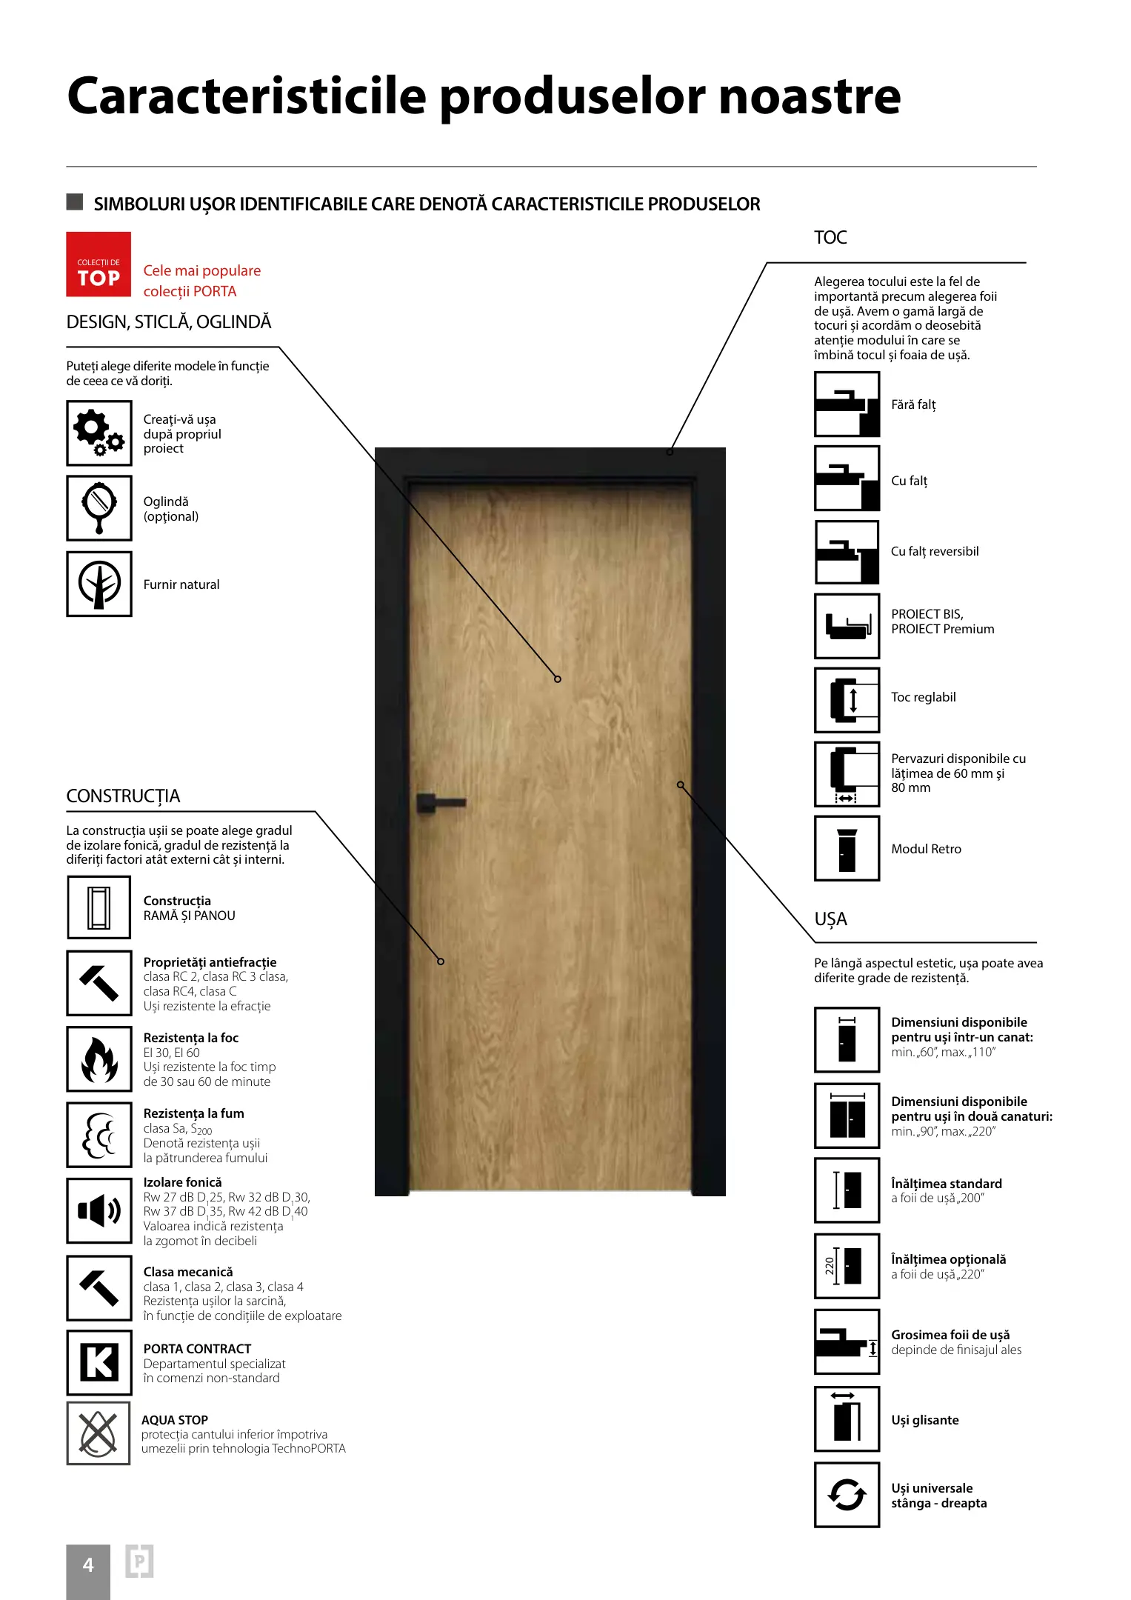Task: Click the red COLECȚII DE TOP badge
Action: tap(99, 264)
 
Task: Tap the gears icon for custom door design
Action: tap(99, 433)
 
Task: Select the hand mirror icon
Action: tap(99, 508)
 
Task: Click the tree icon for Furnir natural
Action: tap(99, 584)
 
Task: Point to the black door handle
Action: tap(440, 803)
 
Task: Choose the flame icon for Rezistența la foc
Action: tap(99, 1059)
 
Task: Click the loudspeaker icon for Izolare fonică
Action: tap(99, 1210)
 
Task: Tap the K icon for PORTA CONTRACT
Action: tap(99, 1362)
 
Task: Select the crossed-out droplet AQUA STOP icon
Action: tap(99, 1433)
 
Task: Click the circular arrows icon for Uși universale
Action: tap(847, 1495)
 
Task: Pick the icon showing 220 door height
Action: tap(847, 1266)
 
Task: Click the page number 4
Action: tap(88, 1565)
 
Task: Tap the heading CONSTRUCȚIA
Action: tap(123, 796)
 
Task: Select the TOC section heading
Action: tap(830, 238)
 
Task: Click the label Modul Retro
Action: tap(926, 849)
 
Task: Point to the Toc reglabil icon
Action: tap(847, 700)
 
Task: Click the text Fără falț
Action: tap(913, 404)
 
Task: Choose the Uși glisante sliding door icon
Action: tap(847, 1419)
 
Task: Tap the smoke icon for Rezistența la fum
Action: tap(99, 1135)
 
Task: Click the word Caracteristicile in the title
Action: tap(247, 96)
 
